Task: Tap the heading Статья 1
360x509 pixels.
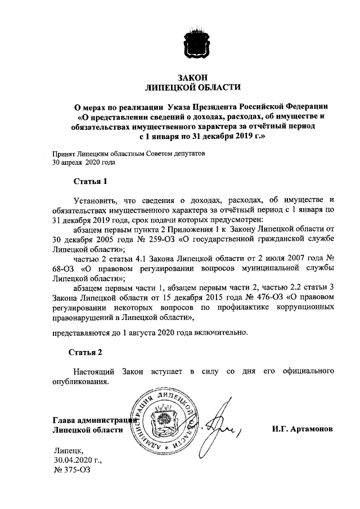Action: [89, 181]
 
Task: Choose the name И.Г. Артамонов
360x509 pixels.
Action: [301, 429]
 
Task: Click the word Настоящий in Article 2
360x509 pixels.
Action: [96, 372]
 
